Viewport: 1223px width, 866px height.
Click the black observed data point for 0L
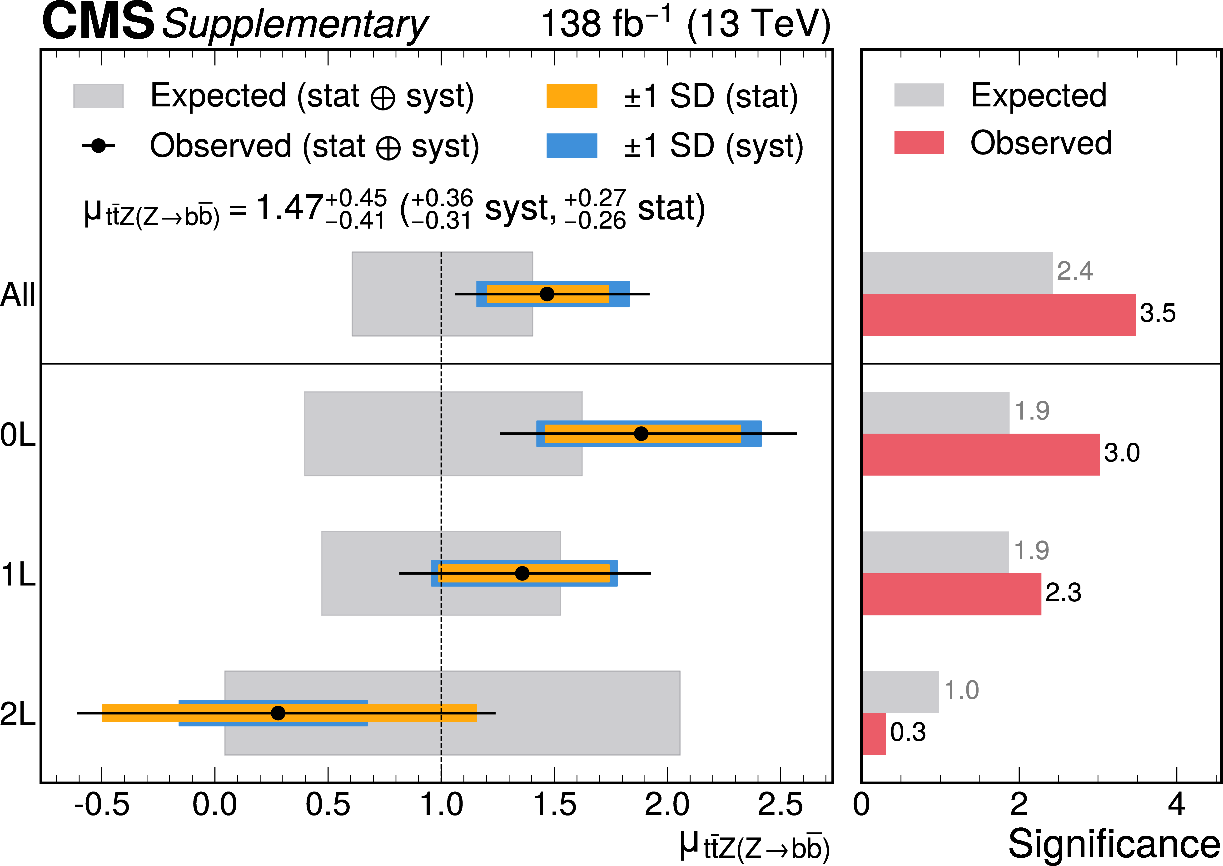[641, 434]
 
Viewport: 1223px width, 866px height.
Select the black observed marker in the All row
[547, 294]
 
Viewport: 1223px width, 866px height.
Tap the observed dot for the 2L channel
[278, 713]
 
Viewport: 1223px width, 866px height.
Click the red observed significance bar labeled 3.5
[999, 315]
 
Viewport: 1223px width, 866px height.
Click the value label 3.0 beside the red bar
[1122, 453]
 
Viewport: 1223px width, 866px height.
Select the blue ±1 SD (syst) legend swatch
[572, 145]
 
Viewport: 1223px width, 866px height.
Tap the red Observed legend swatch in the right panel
[919, 142]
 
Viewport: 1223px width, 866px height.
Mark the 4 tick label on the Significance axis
[1176, 805]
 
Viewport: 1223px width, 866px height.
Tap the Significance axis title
[1114, 844]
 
